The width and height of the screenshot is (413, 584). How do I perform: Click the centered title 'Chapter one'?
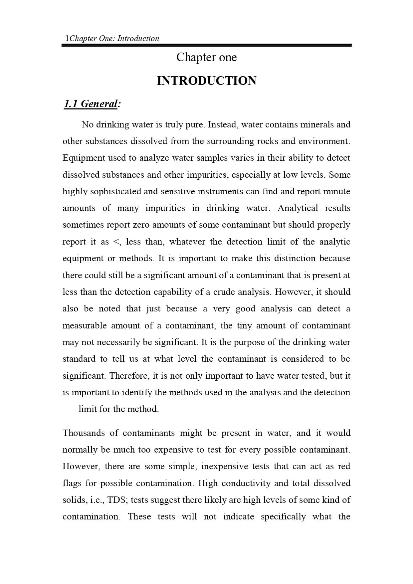pyautogui.click(x=206, y=57)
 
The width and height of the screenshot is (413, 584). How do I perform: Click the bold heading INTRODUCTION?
pyautogui.click(x=206, y=81)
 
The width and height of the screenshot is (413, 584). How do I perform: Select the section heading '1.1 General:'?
pyautogui.click(x=92, y=104)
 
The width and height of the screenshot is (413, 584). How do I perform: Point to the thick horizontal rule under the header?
pyautogui.click(x=206, y=45)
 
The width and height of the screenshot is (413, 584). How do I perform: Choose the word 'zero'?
pyautogui.click(x=141, y=225)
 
